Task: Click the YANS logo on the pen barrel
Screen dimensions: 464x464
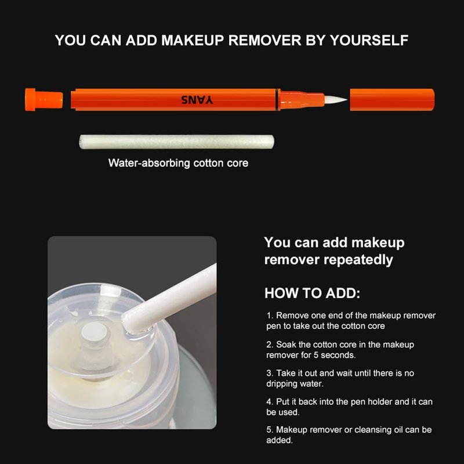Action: pos(197,100)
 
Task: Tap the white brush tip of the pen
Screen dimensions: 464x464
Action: pos(335,100)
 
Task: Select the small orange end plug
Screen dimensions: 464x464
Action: pos(44,99)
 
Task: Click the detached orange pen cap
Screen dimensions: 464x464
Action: pos(392,100)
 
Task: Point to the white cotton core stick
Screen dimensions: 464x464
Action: pos(176,142)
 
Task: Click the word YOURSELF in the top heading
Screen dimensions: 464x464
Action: pos(369,40)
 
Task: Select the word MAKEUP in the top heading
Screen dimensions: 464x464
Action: pos(193,40)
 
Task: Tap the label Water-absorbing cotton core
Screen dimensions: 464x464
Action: pos(178,163)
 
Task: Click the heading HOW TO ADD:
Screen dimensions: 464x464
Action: pos(312,293)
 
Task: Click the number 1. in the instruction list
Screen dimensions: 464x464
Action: pos(270,316)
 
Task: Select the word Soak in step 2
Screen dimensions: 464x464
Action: pos(286,345)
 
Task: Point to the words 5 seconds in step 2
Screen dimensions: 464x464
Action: pos(335,355)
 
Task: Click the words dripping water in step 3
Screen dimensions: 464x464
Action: pos(295,383)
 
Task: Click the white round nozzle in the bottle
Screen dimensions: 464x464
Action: pos(93,332)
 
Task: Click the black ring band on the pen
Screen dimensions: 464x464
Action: pos(278,99)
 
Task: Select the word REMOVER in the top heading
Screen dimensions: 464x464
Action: pos(265,40)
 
